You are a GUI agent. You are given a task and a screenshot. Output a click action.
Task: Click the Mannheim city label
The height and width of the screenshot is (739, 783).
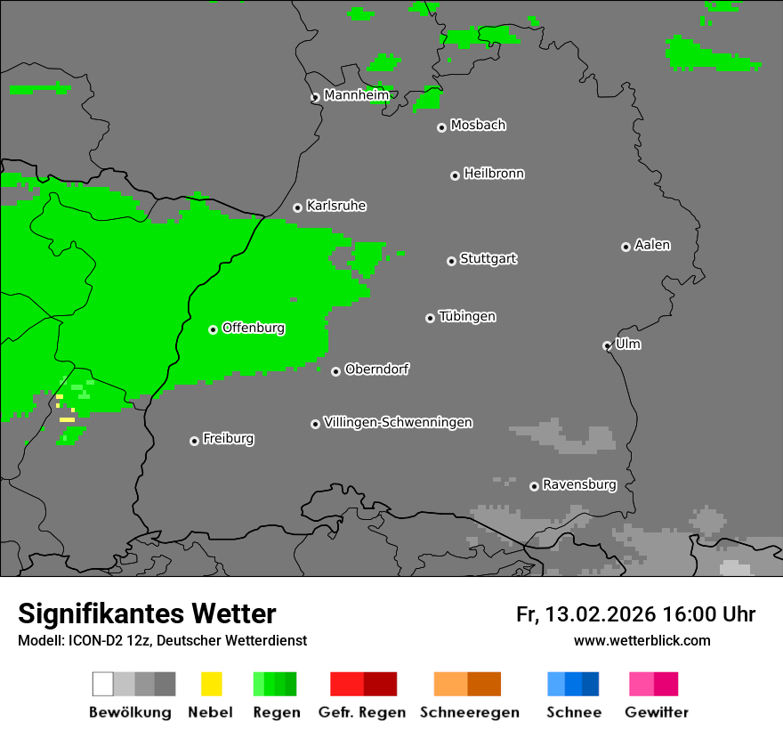pyautogui.click(x=356, y=95)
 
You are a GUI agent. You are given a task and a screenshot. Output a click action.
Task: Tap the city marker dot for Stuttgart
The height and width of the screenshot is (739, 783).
pyautogui.click(x=451, y=261)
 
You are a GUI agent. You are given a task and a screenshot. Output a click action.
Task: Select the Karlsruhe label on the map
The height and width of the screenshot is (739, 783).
pyautogui.click(x=335, y=206)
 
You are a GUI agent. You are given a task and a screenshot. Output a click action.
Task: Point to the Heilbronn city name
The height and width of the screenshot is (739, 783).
pyautogui.click(x=494, y=174)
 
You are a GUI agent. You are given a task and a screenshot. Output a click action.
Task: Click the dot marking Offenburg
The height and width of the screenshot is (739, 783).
pyautogui.click(x=213, y=329)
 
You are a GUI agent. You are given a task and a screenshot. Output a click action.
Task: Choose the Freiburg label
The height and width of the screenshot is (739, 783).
pyautogui.click(x=228, y=439)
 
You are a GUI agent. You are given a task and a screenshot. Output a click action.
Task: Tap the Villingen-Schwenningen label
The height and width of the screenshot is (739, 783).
pyautogui.click(x=398, y=422)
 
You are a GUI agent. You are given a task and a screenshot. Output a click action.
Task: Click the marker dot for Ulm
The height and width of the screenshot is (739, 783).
pyautogui.click(x=607, y=345)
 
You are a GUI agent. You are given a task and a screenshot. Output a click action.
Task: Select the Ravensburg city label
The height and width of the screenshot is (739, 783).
pyautogui.click(x=579, y=485)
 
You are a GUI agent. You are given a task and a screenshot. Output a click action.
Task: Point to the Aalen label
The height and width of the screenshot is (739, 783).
pyautogui.click(x=652, y=245)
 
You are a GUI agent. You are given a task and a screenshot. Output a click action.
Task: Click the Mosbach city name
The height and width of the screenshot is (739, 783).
pyautogui.click(x=478, y=126)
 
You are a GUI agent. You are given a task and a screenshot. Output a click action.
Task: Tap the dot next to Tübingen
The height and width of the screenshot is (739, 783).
pyautogui.click(x=430, y=318)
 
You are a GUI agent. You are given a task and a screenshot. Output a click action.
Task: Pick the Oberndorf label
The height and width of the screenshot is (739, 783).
pyautogui.click(x=376, y=369)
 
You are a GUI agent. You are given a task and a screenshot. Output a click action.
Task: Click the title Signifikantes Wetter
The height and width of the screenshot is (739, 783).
pyautogui.click(x=147, y=613)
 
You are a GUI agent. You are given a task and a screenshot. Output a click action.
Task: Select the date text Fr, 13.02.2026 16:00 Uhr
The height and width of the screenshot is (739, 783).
pyautogui.click(x=635, y=614)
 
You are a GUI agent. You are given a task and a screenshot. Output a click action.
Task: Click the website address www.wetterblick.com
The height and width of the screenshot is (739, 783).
pyautogui.click(x=642, y=641)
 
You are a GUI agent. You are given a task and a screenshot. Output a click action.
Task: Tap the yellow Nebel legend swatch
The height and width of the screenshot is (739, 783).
pyautogui.click(x=211, y=684)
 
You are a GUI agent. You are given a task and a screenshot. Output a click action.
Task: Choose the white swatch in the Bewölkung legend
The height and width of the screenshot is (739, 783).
pyautogui.click(x=102, y=684)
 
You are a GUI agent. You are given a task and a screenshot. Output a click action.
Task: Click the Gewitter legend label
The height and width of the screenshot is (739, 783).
pyautogui.click(x=656, y=712)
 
